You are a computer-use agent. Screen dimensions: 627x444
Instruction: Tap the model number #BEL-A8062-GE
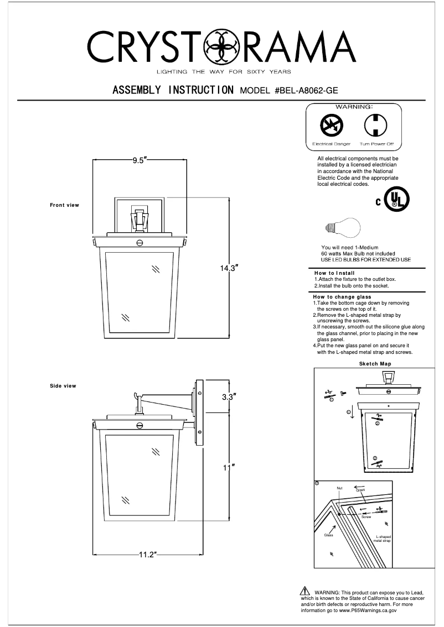point(313,90)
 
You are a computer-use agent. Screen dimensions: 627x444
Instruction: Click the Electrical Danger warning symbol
point(332,127)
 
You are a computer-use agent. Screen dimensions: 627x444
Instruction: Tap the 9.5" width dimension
point(138,161)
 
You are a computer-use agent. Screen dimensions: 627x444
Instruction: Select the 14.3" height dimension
point(229,269)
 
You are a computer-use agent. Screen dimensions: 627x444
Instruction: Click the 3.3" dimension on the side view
point(229,396)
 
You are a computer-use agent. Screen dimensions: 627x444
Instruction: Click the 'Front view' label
point(64,205)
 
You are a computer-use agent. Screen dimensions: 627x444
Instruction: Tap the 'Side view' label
point(63,386)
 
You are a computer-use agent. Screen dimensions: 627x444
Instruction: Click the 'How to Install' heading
point(334,273)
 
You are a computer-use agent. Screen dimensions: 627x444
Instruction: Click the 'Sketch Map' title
point(375,364)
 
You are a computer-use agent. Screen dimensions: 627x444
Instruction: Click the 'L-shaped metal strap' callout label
point(383,539)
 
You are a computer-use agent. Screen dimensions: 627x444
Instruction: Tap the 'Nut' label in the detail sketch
point(339,488)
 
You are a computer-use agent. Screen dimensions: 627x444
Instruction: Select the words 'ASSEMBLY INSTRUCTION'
point(172,90)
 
